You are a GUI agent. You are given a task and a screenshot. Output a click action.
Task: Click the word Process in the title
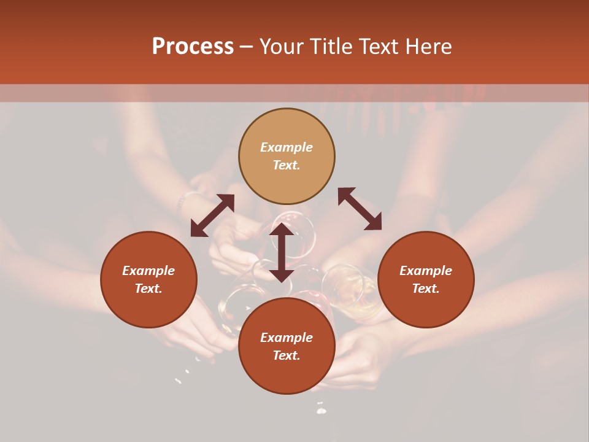click(x=193, y=47)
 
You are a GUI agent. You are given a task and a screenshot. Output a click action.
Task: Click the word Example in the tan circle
click(x=287, y=147)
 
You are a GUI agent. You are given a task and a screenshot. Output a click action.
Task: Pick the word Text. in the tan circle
click(x=287, y=165)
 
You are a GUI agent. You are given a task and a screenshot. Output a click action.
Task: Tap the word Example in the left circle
click(x=148, y=271)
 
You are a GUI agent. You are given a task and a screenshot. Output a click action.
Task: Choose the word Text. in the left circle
click(x=148, y=289)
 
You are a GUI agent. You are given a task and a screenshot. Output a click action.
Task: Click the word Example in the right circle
click(x=426, y=271)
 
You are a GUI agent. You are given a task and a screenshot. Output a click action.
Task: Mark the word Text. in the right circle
click(x=426, y=289)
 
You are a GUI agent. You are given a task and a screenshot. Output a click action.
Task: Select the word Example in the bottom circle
click(x=287, y=338)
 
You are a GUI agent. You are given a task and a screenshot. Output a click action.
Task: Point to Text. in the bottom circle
click(x=287, y=355)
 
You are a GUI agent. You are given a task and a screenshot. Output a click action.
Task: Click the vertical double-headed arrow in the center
click(x=281, y=252)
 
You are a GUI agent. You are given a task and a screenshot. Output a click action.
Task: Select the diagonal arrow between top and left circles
click(x=212, y=215)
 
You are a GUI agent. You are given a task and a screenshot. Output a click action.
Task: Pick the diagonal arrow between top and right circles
click(x=360, y=209)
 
